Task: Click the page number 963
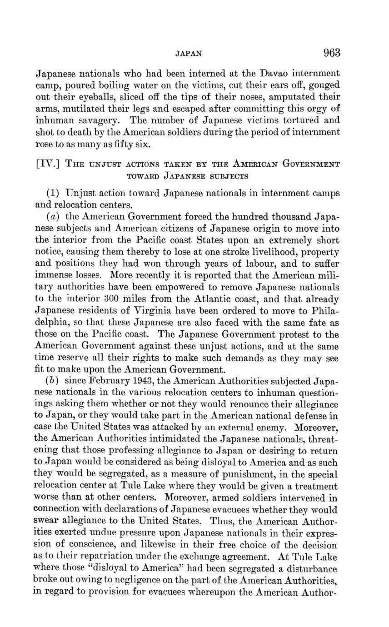(x=332, y=53)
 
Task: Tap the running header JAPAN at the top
(x=189, y=54)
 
